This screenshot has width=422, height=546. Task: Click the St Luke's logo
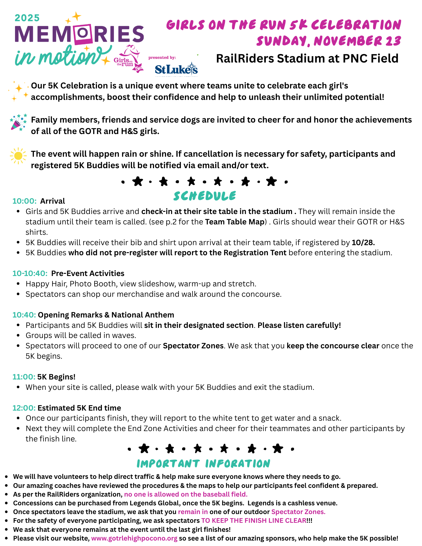[x=176, y=69]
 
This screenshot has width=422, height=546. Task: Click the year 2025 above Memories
[x=27, y=18]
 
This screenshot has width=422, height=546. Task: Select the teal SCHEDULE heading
[x=205, y=196]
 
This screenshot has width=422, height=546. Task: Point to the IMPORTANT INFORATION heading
[x=203, y=464]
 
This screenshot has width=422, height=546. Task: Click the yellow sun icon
[x=18, y=156]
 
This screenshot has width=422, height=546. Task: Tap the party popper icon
[x=18, y=122]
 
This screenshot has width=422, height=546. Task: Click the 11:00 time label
[x=24, y=377]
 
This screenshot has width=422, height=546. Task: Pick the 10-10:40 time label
[x=30, y=273]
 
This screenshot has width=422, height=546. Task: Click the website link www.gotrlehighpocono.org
[x=134, y=538]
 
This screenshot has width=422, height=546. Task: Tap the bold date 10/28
[x=363, y=242]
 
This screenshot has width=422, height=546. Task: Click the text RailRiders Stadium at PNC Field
[x=307, y=58]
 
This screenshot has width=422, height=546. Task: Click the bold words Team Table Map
[x=235, y=222]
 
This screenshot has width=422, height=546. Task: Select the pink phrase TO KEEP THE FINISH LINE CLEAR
[x=253, y=520]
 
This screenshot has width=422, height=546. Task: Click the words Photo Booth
[x=93, y=284]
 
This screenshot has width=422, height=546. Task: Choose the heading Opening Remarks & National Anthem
[x=106, y=315]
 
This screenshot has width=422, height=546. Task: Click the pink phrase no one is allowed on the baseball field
[x=186, y=494]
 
